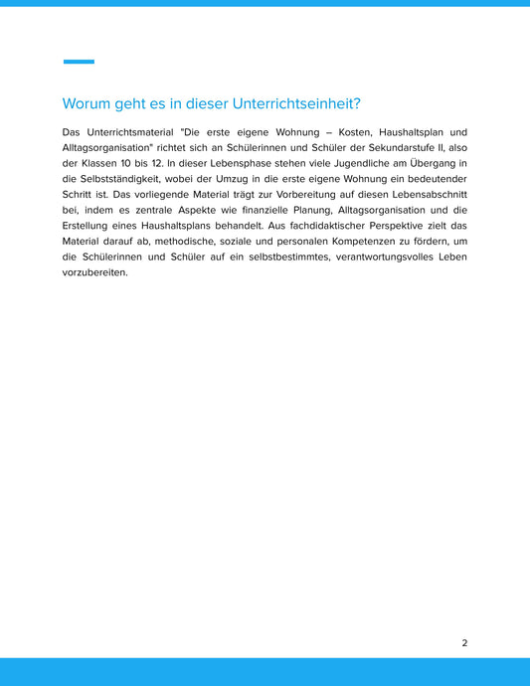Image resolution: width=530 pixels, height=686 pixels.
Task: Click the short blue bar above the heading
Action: click(79, 62)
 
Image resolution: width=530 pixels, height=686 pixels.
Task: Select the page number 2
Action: click(464, 643)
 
